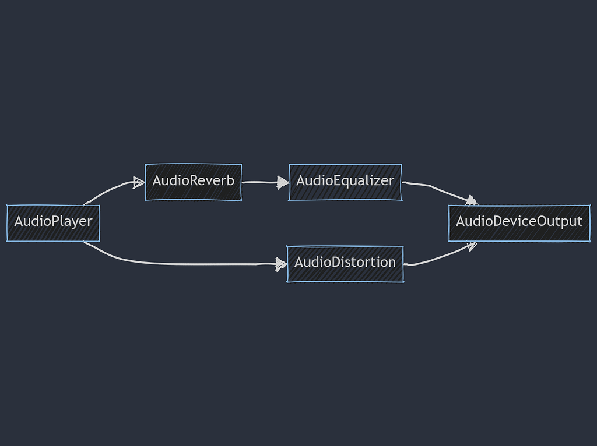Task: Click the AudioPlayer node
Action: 53,222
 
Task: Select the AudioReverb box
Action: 193,182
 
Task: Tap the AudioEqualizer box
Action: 345,182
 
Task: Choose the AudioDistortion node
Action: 345,263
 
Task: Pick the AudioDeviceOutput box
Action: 519,222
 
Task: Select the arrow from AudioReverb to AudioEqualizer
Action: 262,182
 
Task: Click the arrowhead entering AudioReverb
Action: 139,183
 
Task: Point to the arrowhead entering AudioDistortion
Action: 281,264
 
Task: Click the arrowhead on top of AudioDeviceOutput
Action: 471,201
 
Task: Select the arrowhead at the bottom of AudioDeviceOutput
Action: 471,246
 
